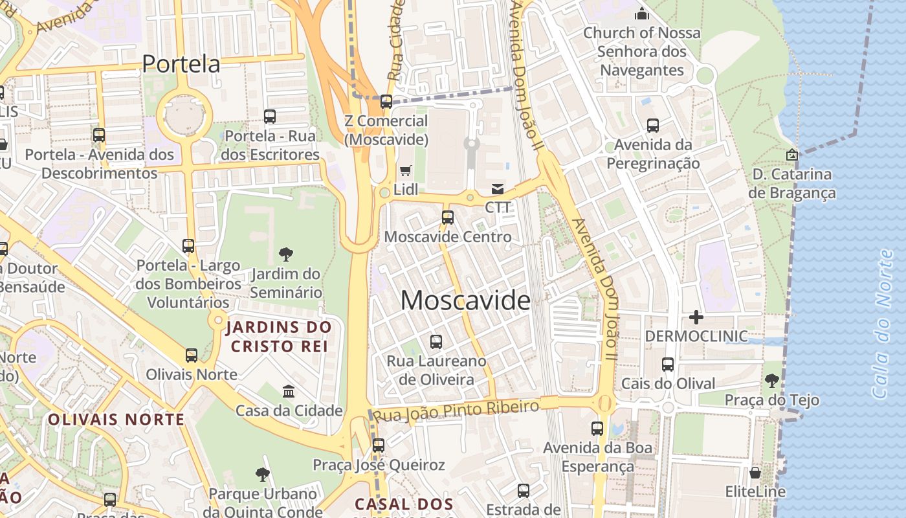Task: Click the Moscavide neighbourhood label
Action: (x=465, y=300)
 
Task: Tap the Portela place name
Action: (x=181, y=63)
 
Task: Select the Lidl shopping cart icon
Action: (x=406, y=170)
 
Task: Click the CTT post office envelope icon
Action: (x=498, y=189)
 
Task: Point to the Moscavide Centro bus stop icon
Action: (x=447, y=218)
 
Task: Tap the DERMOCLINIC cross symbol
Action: (x=696, y=317)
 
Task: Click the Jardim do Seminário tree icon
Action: (x=285, y=254)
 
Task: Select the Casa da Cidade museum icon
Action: (x=289, y=391)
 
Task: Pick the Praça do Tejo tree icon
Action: (x=771, y=380)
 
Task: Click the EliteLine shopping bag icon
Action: (x=755, y=473)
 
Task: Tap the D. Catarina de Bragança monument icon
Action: (x=791, y=155)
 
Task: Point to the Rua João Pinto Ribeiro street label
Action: (x=456, y=411)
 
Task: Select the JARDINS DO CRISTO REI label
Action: (x=278, y=337)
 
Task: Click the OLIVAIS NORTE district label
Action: (x=116, y=420)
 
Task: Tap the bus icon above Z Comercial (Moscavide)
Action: (x=386, y=102)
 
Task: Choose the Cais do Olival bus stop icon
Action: (x=668, y=365)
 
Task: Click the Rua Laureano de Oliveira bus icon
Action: (x=436, y=341)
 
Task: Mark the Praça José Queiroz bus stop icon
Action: (x=379, y=445)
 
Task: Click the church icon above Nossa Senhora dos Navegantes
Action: (x=642, y=13)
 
